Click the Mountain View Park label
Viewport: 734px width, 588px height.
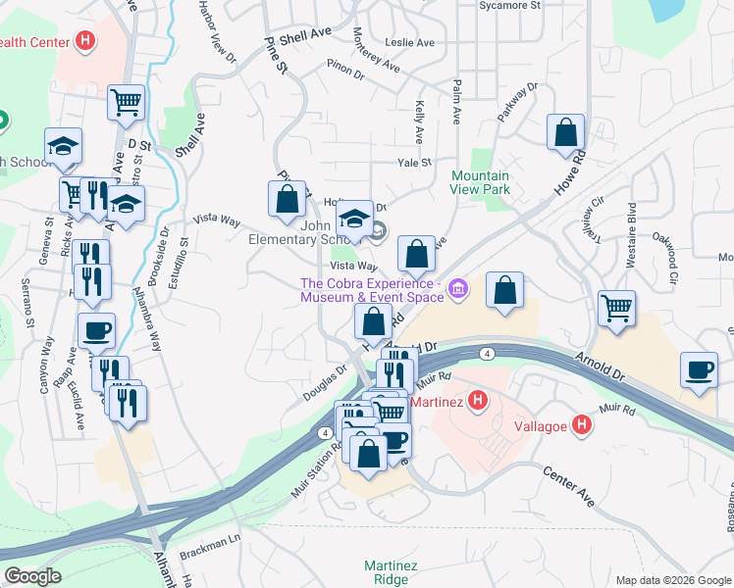(480, 181)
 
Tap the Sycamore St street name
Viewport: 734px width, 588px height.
(509, 5)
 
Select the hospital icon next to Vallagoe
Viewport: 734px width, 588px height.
(582, 425)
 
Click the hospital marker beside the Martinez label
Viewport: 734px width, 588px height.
(477, 401)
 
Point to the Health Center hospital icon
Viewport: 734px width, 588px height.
(86, 41)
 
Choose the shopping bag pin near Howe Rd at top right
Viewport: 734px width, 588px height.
(565, 132)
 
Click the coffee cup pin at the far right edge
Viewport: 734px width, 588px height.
(698, 369)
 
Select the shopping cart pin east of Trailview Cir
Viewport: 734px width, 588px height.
(616, 308)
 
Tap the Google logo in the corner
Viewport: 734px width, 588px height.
(32, 576)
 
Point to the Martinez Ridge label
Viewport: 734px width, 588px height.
(392, 572)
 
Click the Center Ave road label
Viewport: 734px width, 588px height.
(570, 486)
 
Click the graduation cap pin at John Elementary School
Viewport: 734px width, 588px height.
(354, 218)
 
